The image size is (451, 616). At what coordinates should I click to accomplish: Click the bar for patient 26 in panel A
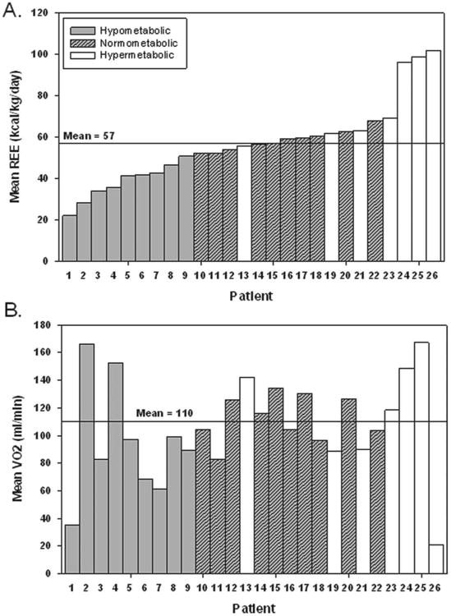tap(433, 156)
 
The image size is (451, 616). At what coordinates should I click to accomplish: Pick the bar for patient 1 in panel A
tap(70, 238)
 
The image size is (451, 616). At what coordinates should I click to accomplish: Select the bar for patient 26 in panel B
tap(435, 559)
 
